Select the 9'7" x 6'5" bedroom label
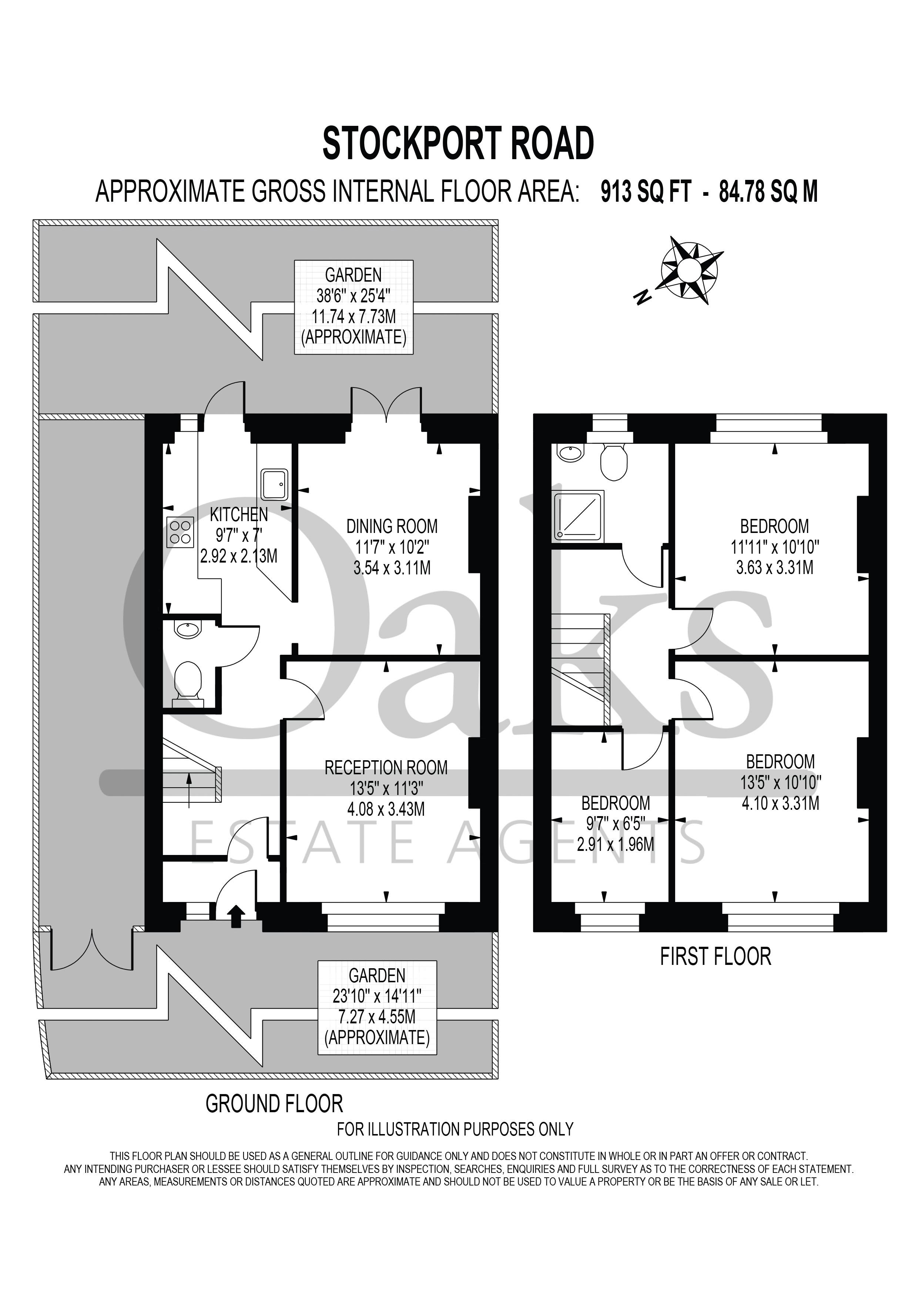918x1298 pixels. pos(616,823)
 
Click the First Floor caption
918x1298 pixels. pos(715,956)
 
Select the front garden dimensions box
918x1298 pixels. pos(377,1007)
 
